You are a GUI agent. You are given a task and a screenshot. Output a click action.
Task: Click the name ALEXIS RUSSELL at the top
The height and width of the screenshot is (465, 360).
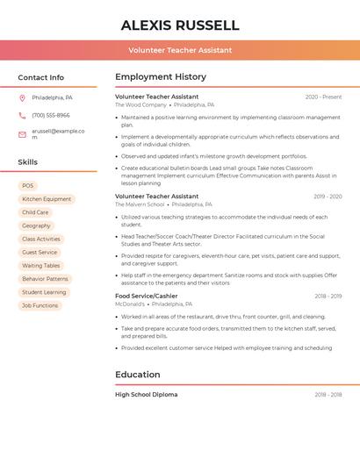pyautogui.click(x=180, y=25)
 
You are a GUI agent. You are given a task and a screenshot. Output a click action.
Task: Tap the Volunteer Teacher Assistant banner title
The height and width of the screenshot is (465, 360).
pyautogui.click(x=180, y=50)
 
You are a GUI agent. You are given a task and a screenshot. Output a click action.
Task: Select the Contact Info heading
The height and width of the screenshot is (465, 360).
pyautogui.click(x=41, y=77)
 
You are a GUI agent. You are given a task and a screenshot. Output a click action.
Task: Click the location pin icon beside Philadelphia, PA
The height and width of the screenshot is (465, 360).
pyautogui.click(x=22, y=97)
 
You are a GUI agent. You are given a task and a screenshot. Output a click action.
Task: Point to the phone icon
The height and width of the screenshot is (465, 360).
pyautogui.click(x=22, y=115)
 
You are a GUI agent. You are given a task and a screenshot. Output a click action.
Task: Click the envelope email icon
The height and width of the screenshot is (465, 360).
pyautogui.click(x=22, y=134)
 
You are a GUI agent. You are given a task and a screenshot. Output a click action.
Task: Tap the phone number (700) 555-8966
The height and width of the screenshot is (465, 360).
pyautogui.click(x=51, y=115)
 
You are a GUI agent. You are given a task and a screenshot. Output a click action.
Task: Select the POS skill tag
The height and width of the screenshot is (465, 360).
pyautogui.click(x=28, y=186)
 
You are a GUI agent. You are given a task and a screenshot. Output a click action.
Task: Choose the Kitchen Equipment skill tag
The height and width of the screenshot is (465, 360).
pyautogui.click(x=47, y=199)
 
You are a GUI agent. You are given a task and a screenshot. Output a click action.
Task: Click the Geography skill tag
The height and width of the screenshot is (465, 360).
pyautogui.click(x=36, y=225)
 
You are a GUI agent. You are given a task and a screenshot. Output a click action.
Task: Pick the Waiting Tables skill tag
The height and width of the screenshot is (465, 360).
pyautogui.click(x=41, y=265)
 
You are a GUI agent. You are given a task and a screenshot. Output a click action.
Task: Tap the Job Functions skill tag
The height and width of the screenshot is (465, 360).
pyautogui.click(x=40, y=305)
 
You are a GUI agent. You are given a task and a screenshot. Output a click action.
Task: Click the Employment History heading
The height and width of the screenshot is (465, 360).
pyautogui.click(x=161, y=77)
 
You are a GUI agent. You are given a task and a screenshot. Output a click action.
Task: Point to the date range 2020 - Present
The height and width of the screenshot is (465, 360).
pyautogui.click(x=323, y=97)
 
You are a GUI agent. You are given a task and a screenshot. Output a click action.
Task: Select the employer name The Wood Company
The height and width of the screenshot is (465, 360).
pyautogui.click(x=139, y=104)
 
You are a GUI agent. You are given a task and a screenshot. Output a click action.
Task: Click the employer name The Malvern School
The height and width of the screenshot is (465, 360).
pyautogui.click(x=140, y=204)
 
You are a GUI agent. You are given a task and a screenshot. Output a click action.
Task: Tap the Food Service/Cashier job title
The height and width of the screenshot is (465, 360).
pyautogui.click(x=146, y=296)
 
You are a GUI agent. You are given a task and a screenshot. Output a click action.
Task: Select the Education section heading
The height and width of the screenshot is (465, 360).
pyautogui.click(x=137, y=375)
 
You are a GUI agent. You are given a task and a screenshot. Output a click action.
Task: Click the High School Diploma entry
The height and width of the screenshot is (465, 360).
pyautogui.click(x=146, y=395)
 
